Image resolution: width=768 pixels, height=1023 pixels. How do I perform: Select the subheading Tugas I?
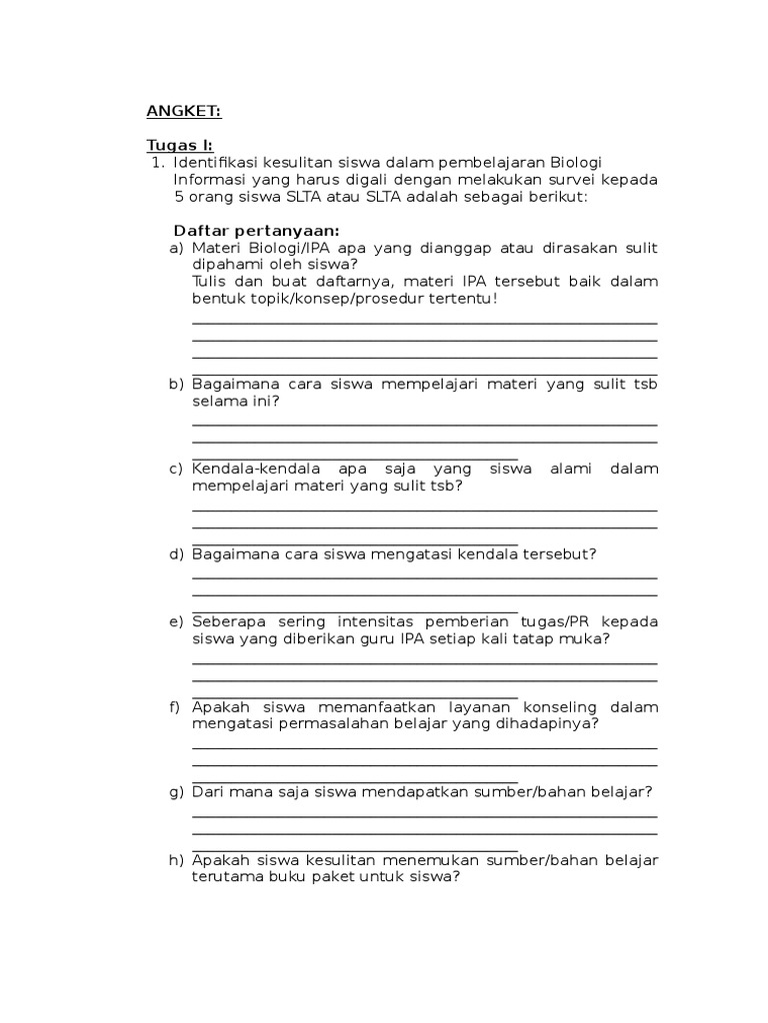point(180,145)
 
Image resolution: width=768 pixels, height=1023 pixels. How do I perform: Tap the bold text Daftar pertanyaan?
point(257,230)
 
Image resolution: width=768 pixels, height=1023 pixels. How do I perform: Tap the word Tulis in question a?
point(210,281)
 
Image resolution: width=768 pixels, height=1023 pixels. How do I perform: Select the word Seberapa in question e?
point(227,621)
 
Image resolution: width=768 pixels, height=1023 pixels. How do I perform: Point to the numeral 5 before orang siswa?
point(179,196)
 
